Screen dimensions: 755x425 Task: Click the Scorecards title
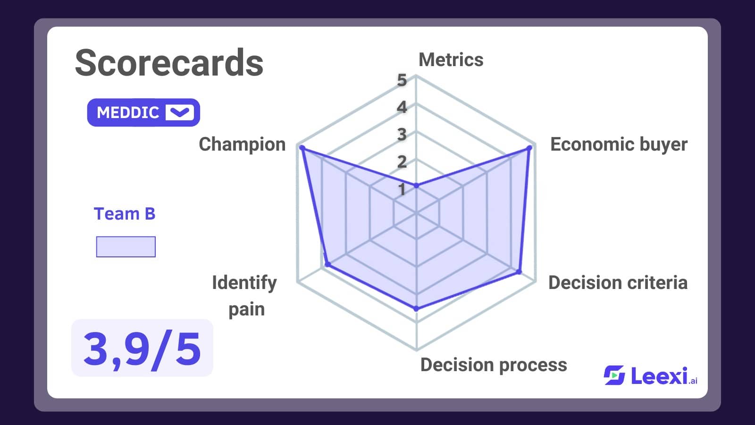pyautogui.click(x=169, y=63)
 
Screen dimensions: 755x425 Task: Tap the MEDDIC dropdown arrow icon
pyautogui.click(x=180, y=112)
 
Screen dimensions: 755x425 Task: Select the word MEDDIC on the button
pyautogui.click(x=128, y=113)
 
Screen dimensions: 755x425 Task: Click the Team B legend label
pyautogui.click(x=125, y=213)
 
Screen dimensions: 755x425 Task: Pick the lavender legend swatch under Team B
pyautogui.click(x=126, y=246)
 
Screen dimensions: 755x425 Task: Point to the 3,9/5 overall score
pyautogui.click(x=142, y=348)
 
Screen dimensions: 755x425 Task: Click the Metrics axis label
pyautogui.click(x=451, y=59)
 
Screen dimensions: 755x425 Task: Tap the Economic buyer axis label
pyautogui.click(x=619, y=144)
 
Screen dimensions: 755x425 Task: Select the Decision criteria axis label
pyautogui.click(x=618, y=282)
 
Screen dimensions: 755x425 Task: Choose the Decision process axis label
pyautogui.click(x=494, y=365)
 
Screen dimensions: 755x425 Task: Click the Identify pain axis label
pyautogui.click(x=244, y=296)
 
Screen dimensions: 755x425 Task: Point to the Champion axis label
pyautogui.click(x=242, y=144)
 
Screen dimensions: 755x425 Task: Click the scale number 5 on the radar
pyautogui.click(x=402, y=80)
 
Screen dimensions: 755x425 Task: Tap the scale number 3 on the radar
pyautogui.click(x=402, y=135)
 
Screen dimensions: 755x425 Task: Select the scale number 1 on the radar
pyautogui.click(x=402, y=189)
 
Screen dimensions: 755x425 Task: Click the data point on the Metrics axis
pyautogui.click(x=416, y=186)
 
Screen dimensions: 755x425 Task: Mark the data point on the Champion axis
pyautogui.click(x=302, y=148)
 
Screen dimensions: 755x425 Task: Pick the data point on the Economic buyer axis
pyautogui.click(x=529, y=148)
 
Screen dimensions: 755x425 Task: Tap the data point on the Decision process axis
pyautogui.click(x=416, y=308)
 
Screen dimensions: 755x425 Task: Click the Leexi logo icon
pyautogui.click(x=614, y=375)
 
